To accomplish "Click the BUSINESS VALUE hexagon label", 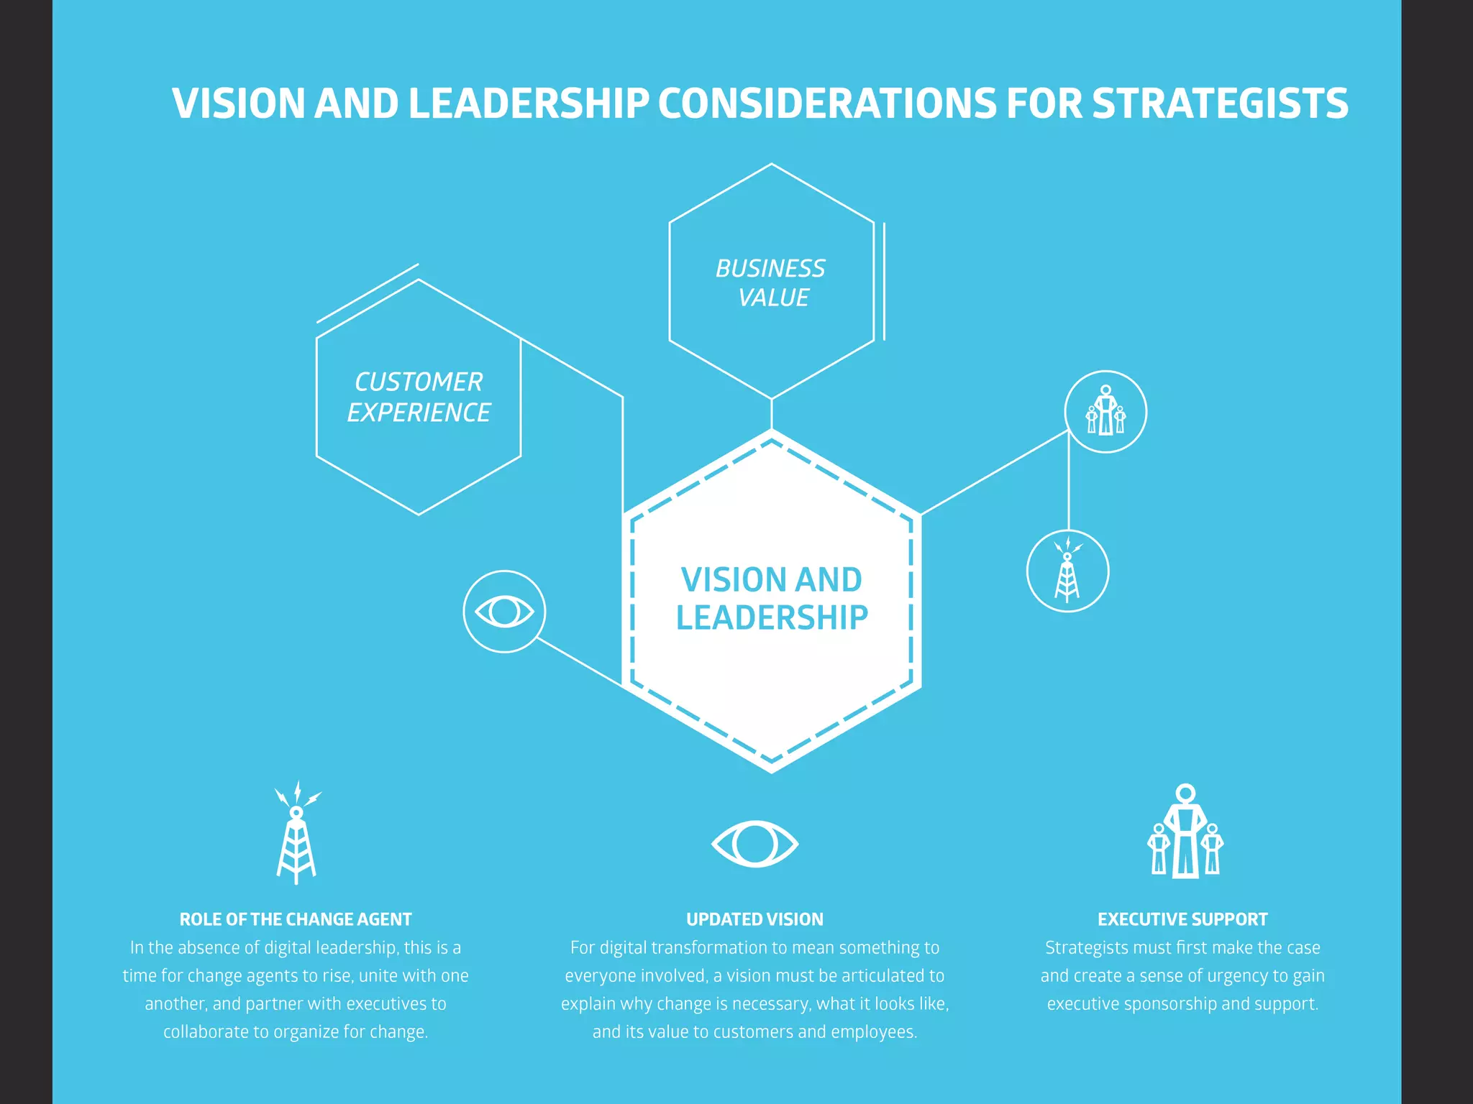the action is (771, 282).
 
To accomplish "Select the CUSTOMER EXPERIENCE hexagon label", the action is (419, 397).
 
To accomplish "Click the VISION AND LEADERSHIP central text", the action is (772, 599).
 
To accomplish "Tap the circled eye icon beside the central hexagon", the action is (504, 612).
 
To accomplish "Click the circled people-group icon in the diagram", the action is (1105, 412).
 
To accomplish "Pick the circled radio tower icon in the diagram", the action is (1067, 571).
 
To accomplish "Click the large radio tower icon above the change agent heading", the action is (296, 834).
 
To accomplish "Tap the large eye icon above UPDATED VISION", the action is (754, 843).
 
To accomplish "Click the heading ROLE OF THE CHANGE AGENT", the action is (296, 919).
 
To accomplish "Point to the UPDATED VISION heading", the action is (754, 919).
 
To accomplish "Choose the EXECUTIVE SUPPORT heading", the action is (1182, 919).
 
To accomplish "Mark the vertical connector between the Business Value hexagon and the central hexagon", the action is (772, 414).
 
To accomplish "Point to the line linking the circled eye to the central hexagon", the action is (579, 661).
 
